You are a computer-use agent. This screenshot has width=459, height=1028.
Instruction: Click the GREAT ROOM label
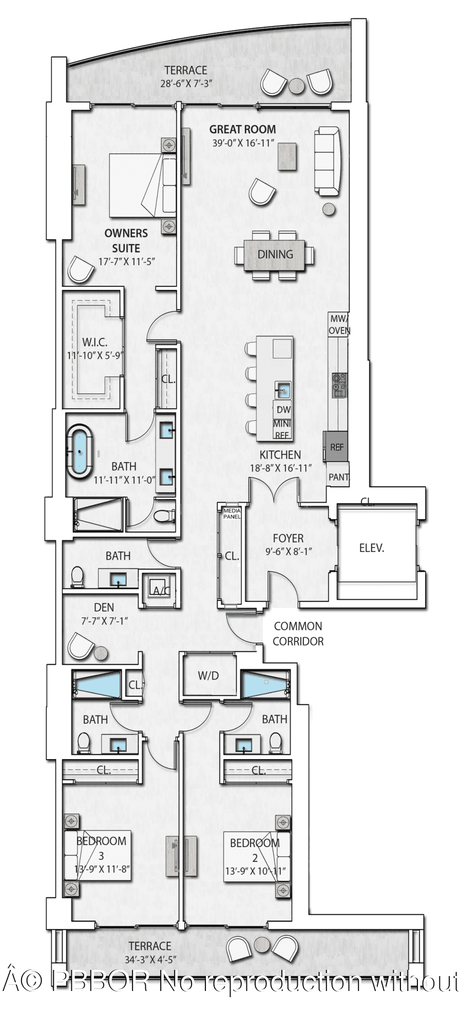pos(242,130)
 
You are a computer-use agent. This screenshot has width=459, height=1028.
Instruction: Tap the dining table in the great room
pos(275,255)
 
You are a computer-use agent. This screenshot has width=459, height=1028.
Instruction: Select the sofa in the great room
pos(328,161)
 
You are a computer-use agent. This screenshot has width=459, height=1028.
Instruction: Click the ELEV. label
pos(372,548)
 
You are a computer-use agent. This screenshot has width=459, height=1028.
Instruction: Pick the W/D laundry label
pos(208,675)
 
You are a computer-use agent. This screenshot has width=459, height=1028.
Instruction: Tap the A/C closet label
pos(161,591)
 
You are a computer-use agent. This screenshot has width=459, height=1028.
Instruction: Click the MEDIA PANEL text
pos(232,513)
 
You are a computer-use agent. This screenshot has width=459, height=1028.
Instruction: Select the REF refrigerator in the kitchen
pos(336,447)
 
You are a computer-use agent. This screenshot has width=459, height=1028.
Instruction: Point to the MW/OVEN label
pos(339,324)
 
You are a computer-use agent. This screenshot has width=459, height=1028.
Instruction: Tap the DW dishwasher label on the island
pos(283,410)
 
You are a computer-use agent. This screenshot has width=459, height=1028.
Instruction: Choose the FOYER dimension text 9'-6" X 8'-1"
pos(289,552)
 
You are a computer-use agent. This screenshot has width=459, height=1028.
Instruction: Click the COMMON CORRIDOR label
pos(298,634)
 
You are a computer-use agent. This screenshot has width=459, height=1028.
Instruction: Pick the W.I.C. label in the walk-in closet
pos(94,342)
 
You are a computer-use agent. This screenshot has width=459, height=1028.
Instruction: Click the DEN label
pos(104,608)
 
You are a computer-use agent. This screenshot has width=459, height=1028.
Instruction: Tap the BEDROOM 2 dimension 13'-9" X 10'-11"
pos(255,871)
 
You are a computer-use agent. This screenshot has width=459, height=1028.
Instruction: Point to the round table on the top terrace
pos(296,86)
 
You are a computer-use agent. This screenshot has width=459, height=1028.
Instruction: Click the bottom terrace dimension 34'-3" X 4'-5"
pos(150,959)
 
